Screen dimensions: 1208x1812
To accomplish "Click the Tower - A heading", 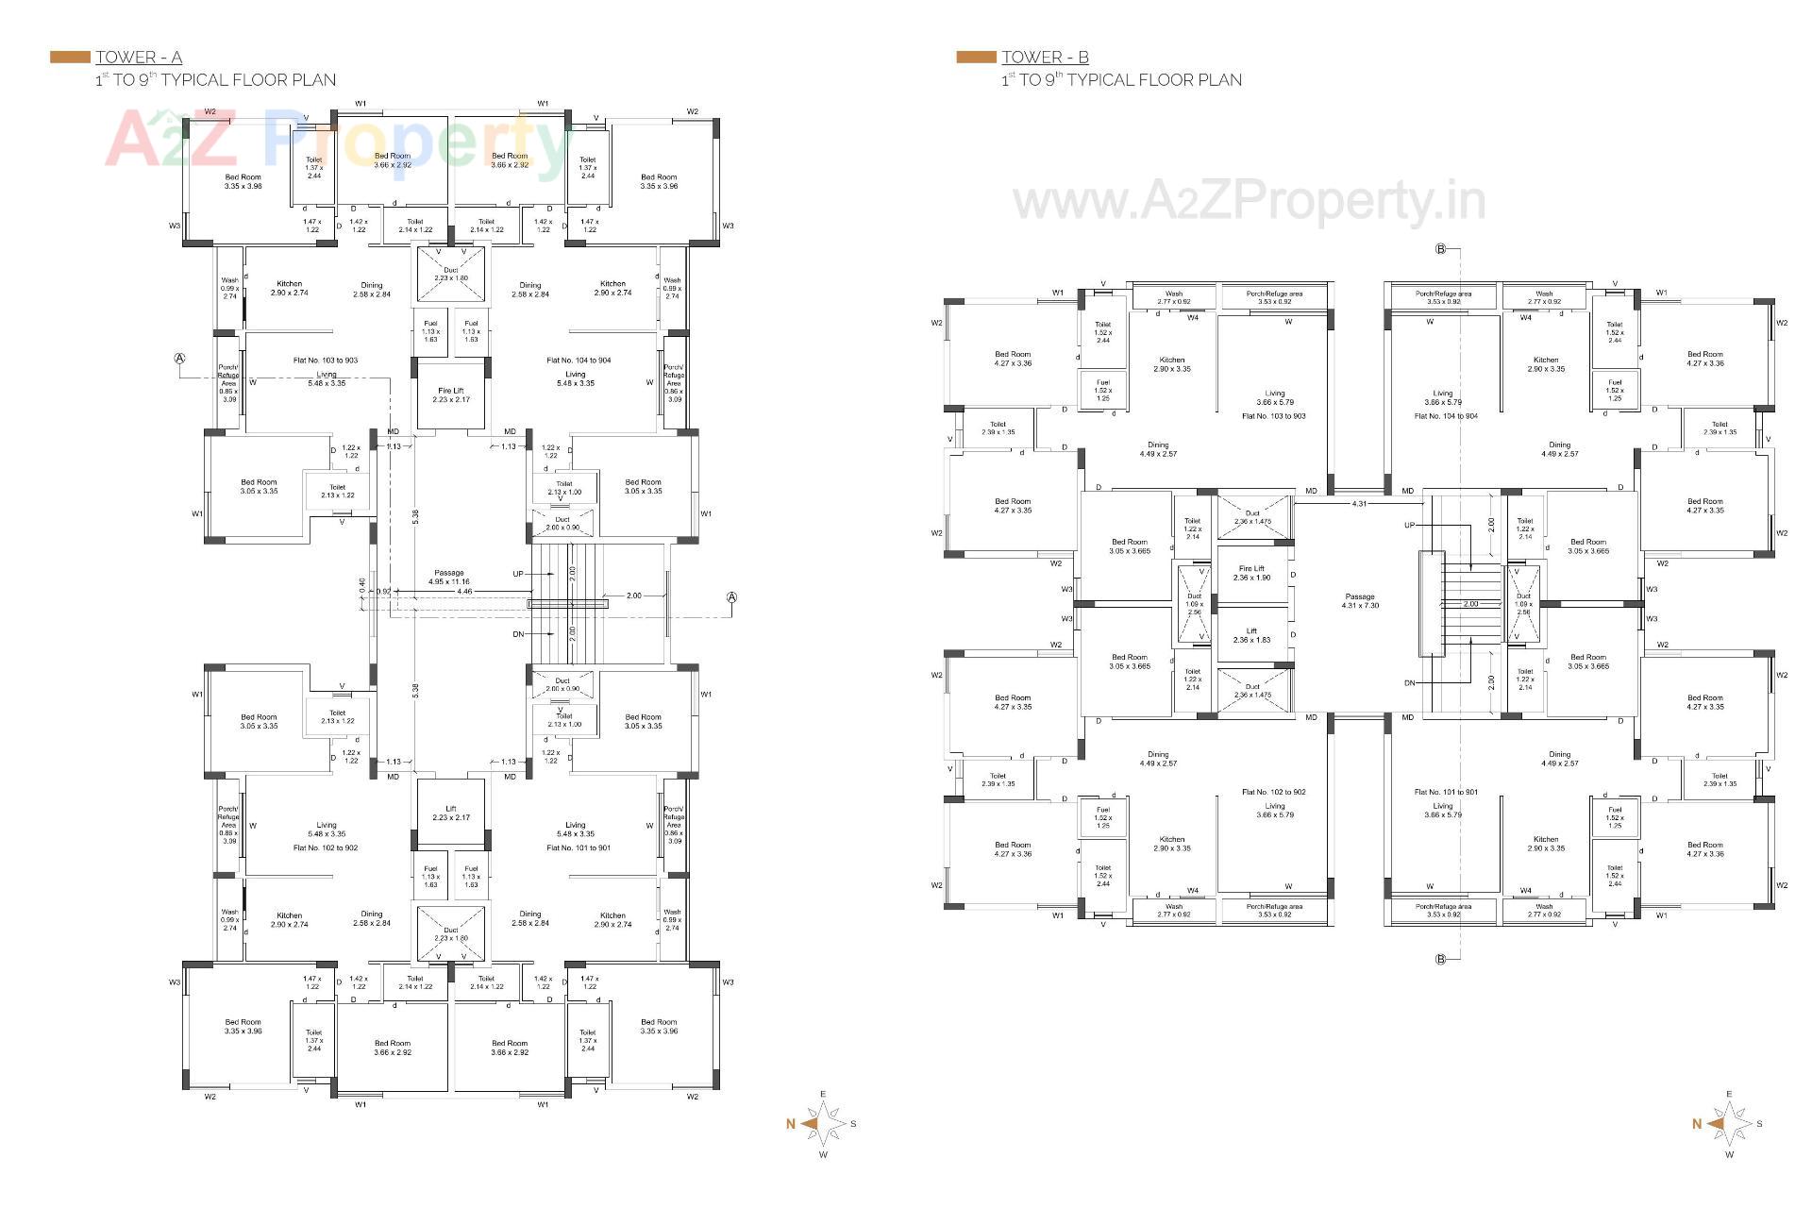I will pos(139,58).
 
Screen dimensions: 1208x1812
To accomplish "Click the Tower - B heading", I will pos(1045,58).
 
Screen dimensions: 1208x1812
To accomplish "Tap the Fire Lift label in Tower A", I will pos(451,394).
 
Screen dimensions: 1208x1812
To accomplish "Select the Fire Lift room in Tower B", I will pos(1251,573).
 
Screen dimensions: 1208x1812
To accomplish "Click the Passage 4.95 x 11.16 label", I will pos(449,578).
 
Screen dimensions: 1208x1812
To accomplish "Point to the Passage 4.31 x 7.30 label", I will pos(1360,600).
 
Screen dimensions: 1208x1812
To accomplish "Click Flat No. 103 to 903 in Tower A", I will pos(326,361).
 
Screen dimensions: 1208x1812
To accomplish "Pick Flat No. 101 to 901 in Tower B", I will pos(1446,792).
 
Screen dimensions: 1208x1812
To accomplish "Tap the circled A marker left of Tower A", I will pos(179,359).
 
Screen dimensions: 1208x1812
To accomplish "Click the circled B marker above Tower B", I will pos(1441,249).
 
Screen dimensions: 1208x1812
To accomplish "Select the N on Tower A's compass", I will pos(791,1124).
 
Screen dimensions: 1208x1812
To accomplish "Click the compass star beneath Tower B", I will pos(1729,1124).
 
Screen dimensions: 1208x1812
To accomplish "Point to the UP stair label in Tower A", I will pos(518,574).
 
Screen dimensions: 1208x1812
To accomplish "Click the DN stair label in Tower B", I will pos(1410,682).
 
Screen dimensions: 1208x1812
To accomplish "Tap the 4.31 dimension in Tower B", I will pos(1359,504).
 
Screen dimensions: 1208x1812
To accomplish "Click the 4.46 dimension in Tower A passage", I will pos(464,592).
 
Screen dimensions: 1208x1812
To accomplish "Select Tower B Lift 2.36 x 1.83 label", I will pos(1251,635).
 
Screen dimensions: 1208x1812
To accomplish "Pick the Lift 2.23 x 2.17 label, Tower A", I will pos(451,814).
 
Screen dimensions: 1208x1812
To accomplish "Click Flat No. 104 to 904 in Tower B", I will pos(1446,416).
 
